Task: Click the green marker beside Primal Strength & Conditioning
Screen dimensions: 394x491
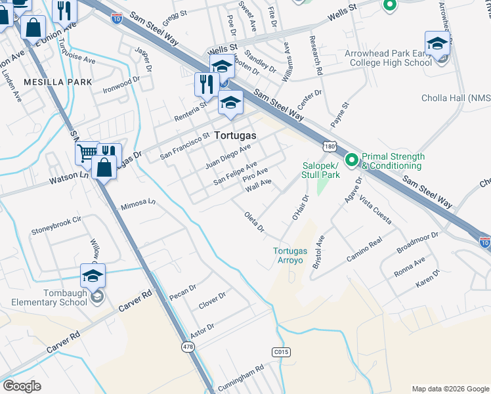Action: click(x=351, y=159)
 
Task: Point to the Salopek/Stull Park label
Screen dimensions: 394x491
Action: click(x=320, y=171)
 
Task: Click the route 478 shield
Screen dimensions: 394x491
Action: click(x=188, y=347)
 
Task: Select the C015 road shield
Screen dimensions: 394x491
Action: click(x=281, y=353)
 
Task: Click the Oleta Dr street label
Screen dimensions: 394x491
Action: click(x=253, y=222)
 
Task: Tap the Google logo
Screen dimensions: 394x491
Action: click(x=22, y=386)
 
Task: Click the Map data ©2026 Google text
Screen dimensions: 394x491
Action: click(x=450, y=389)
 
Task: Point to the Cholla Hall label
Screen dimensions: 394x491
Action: click(x=456, y=98)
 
